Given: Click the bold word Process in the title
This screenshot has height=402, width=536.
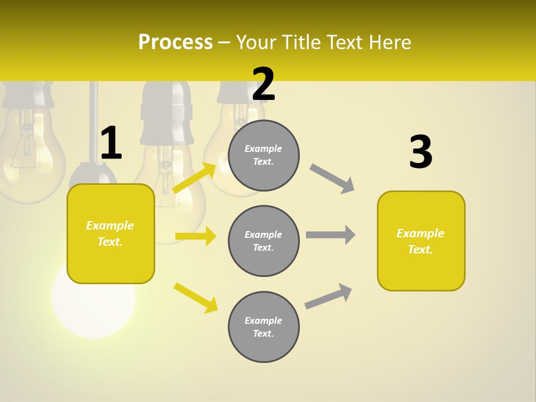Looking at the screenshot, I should (175, 42).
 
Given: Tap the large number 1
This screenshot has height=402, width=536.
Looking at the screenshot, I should (111, 143).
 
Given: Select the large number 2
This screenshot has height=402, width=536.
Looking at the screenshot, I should (264, 84).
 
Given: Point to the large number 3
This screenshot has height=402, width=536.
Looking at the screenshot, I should (420, 152).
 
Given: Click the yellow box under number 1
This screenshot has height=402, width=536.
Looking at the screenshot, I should (111, 233).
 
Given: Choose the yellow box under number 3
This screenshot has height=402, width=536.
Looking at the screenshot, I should (421, 241).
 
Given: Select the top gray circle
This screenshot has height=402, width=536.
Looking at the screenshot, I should (264, 155).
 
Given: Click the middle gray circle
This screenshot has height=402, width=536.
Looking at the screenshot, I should (264, 241).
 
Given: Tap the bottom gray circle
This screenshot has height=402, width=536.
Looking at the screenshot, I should (264, 327).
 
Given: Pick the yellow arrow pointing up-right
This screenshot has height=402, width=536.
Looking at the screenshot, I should (194, 178).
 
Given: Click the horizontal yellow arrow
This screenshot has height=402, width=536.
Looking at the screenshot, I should (195, 236).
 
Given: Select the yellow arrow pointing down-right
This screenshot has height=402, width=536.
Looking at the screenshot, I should (195, 298).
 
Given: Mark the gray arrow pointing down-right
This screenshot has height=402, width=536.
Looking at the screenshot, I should (332, 179).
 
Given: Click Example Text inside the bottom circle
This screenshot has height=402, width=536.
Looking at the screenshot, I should (264, 327).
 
